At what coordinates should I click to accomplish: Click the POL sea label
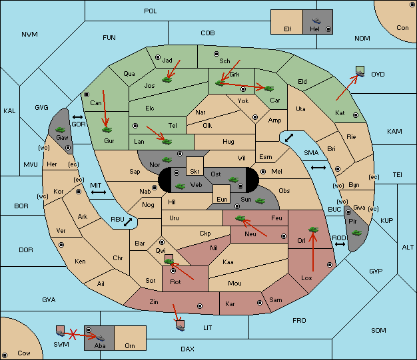coord(151,11)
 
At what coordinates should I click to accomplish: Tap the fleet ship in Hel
coord(316,21)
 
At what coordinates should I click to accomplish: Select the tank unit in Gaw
coord(61,130)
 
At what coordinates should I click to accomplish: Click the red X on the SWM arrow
coord(73,334)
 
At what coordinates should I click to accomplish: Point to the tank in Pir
coord(356,233)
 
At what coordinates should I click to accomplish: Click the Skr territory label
coord(195,172)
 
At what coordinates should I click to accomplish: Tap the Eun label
coord(222,199)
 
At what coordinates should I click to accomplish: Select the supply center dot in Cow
coord(5,355)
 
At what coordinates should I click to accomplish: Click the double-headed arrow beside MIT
coord(99,192)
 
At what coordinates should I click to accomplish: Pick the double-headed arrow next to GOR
coord(77,117)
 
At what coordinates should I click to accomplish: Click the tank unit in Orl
coord(313,230)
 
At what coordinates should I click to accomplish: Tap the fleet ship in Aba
coord(100,337)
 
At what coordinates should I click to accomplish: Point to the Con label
coord(402,28)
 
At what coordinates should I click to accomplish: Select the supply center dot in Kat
coord(356,115)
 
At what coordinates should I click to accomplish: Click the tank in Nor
coord(167,160)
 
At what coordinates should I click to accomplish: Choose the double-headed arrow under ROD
coord(340,244)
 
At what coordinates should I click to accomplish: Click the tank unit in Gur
coord(107,130)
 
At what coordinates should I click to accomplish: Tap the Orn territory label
coord(130,345)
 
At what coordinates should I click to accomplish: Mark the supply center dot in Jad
coord(158,57)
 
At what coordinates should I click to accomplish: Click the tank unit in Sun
coord(260,201)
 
